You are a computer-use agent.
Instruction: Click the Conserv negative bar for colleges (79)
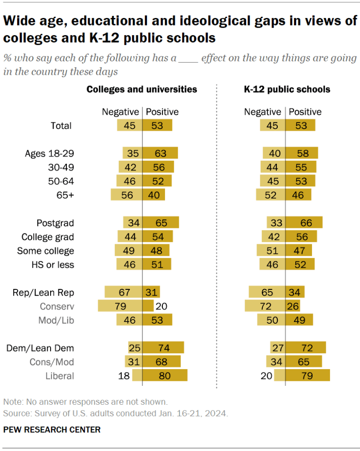click(120, 306)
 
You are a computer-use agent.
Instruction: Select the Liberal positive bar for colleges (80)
click(165, 376)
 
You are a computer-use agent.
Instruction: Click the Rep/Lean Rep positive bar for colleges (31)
click(151, 292)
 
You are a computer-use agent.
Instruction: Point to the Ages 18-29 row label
click(49, 153)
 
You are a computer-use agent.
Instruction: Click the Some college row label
click(46, 251)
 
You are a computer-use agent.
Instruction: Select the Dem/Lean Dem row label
click(40, 348)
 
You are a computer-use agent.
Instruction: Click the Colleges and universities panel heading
click(142, 89)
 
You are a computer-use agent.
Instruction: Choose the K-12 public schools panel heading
click(287, 89)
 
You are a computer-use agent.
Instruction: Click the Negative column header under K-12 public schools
click(262, 112)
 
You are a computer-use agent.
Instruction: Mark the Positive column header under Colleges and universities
click(162, 112)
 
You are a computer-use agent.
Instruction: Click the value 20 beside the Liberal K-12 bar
click(267, 376)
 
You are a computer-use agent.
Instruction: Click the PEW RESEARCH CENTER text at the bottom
click(52, 429)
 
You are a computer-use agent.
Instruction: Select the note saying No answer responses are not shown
click(85, 402)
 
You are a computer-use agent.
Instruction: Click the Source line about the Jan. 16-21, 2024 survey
click(116, 414)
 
